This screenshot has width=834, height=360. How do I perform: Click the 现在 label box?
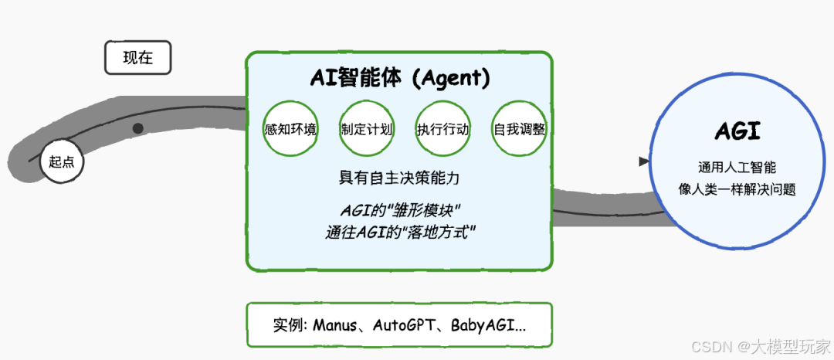click(x=137, y=58)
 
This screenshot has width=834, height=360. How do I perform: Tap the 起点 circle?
click(x=62, y=162)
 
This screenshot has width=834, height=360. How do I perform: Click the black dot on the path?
click(x=137, y=128)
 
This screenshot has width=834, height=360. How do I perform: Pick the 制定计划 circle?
click(x=366, y=129)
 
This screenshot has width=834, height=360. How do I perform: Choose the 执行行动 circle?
click(x=442, y=129)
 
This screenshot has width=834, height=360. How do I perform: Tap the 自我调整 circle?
click(x=519, y=129)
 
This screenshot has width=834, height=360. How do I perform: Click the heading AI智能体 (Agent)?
click(x=399, y=77)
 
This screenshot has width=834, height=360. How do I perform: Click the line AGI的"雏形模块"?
click(x=399, y=210)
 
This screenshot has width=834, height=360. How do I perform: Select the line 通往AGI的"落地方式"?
click(x=399, y=231)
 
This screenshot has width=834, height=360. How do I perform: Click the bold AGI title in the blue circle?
click(x=737, y=132)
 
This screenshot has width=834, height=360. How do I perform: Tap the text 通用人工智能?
click(x=737, y=167)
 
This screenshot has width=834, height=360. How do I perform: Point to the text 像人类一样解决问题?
click(x=737, y=188)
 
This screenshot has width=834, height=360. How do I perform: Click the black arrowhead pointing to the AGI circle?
click(x=643, y=161)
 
